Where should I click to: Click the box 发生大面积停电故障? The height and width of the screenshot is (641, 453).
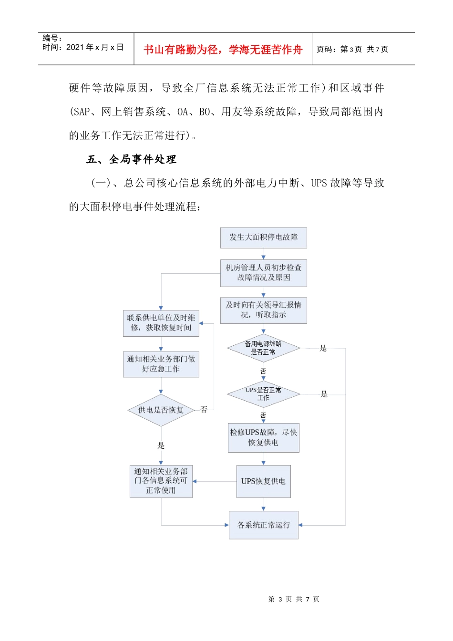coord(263,238)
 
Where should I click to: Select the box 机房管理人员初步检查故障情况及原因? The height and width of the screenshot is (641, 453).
coord(263,273)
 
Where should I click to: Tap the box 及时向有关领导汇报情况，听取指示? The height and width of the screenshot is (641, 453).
coord(263,310)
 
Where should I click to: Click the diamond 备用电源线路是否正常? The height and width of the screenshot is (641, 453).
coord(263,348)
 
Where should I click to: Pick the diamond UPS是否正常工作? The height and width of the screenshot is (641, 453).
coord(263,394)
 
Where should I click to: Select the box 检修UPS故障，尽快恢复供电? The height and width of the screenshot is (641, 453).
coord(263,437)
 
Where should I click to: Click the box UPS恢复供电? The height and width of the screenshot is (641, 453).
coord(263,481)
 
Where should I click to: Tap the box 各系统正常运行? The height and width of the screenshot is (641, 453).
coord(263,525)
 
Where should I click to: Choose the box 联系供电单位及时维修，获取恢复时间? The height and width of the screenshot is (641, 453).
coord(161,323)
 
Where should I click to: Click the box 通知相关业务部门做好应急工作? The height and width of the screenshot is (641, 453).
coord(161,364)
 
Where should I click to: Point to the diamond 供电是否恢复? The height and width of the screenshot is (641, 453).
coord(161,410)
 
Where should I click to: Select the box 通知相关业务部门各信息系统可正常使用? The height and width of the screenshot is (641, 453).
coord(161,481)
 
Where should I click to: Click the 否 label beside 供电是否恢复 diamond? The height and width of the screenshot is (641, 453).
coord(204,410)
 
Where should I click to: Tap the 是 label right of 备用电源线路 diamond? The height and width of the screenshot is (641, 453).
coord(323,348)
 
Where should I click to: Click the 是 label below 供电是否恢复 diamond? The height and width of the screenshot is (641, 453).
coord(161,445)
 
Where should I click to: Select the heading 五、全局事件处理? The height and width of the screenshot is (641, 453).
coord(131,159)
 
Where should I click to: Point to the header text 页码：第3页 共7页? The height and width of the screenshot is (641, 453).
coord(352,49)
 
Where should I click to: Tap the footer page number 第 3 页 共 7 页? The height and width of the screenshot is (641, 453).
coord(294,599)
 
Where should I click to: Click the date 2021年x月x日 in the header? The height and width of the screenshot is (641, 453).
coord(95,47)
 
